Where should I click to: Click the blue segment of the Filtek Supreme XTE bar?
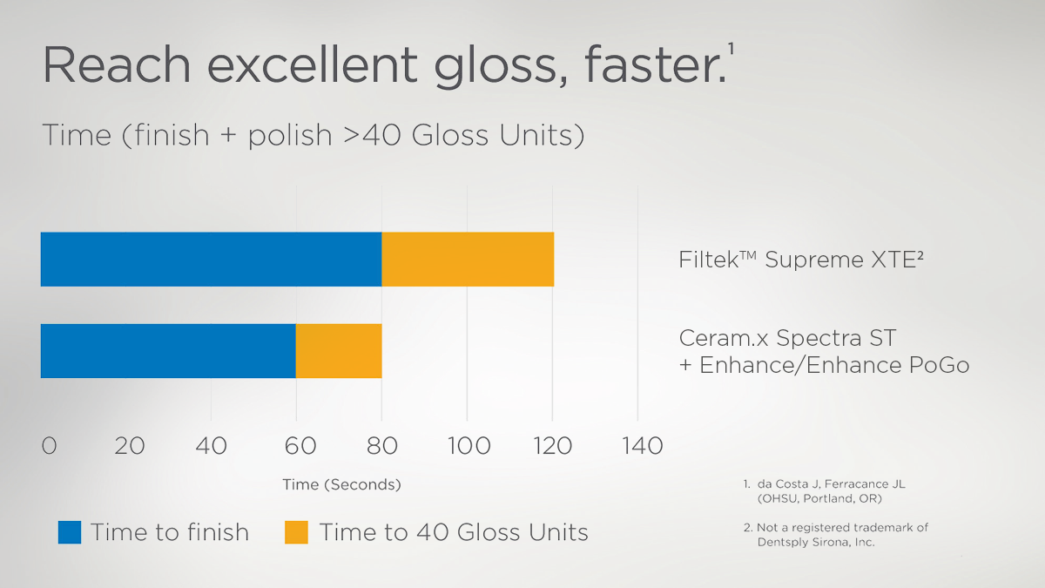point(211,260)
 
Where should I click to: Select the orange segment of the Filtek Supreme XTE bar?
point(468,260)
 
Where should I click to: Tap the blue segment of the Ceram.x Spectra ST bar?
point(168,351)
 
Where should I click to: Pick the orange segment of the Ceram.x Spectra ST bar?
point(339,351)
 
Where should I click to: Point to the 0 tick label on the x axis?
point(49,446)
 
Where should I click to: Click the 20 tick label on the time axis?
point(130,446)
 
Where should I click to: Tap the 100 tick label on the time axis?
point(468,446)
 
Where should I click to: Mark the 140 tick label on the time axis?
point(642,446)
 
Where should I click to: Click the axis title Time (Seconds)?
point(341,484)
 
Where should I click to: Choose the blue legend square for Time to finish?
point(70,532)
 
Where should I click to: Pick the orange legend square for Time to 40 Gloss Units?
point(296,532)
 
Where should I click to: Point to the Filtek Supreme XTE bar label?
point(800,260)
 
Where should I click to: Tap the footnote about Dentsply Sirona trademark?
point(835,534)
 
